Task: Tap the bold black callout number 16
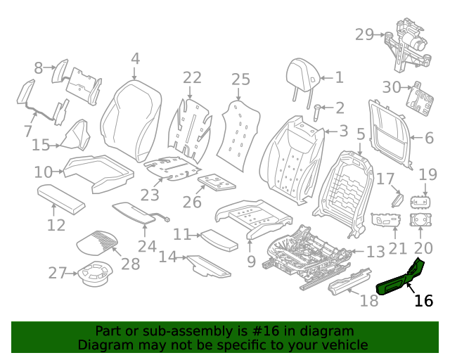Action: (423, 301)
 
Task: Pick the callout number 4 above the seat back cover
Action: (135, 59)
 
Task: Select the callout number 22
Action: (192, 77)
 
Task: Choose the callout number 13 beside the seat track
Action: (375, 252)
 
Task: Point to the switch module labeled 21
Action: (386, 220)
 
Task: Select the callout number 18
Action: (369, 302)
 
